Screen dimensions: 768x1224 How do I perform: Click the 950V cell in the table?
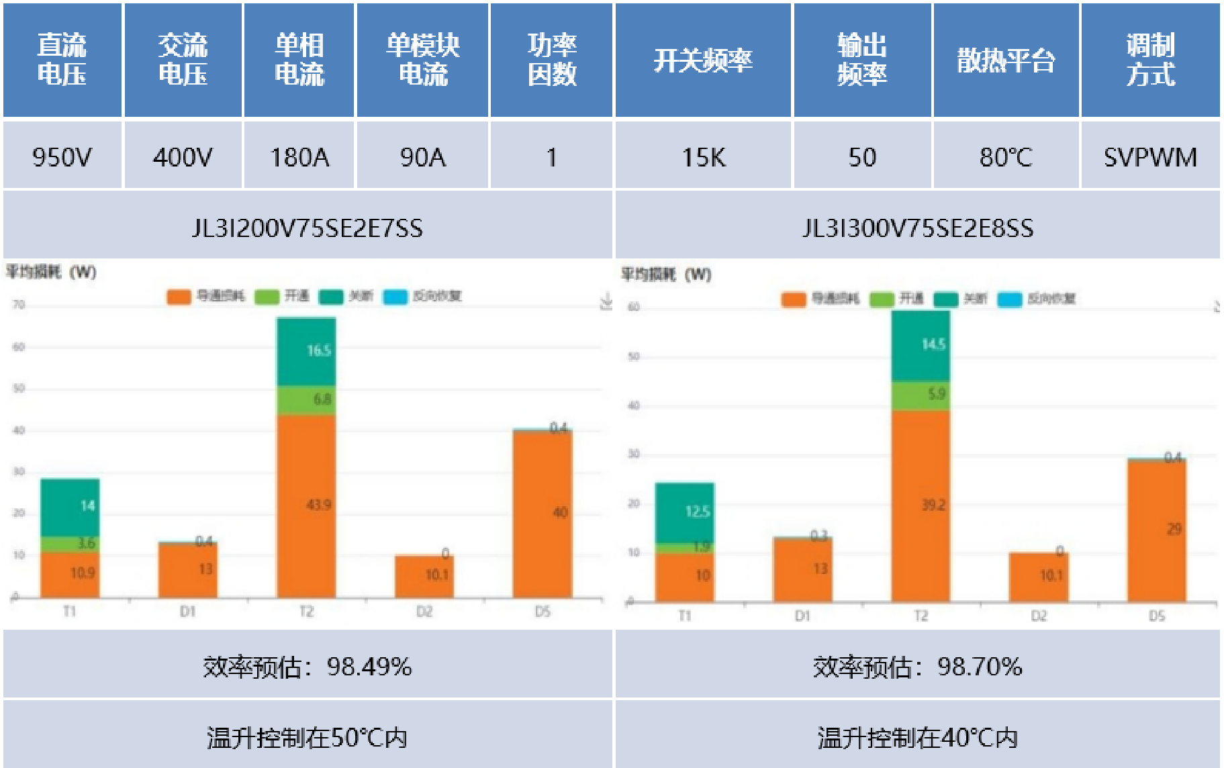tap(62, 157)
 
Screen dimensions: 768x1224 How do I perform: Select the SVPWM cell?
tap(1150, 157)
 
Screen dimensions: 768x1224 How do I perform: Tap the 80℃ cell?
tap(1005, 157)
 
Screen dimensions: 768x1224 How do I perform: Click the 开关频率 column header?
tap(703, 60)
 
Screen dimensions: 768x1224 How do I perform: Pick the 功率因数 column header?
tap(551, 60)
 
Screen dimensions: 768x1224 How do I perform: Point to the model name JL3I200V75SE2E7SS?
tap(308, 228)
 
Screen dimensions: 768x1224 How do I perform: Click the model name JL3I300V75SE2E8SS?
tap(918, 228)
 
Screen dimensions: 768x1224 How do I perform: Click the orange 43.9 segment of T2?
tap(306, 505)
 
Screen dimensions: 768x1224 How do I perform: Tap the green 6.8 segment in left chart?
tap(306, 401)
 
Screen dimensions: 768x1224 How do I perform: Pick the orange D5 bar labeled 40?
tap(543, 514)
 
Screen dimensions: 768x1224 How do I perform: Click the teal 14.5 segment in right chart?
tap(921, 346)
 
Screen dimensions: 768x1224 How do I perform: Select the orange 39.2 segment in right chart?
tap(921, 505)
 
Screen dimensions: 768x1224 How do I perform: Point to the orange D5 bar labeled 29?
tap(1157, 530)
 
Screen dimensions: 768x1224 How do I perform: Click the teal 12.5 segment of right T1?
tap(685, 512)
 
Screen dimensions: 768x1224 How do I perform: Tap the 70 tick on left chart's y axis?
tap(19, 305)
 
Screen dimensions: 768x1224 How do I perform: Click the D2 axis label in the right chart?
tap(1039, 616)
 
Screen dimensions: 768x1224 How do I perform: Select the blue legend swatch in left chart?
tap(395, 296)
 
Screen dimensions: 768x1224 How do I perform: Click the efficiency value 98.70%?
tap(980, 667)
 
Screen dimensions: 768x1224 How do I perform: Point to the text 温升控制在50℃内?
tap(308, 738)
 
